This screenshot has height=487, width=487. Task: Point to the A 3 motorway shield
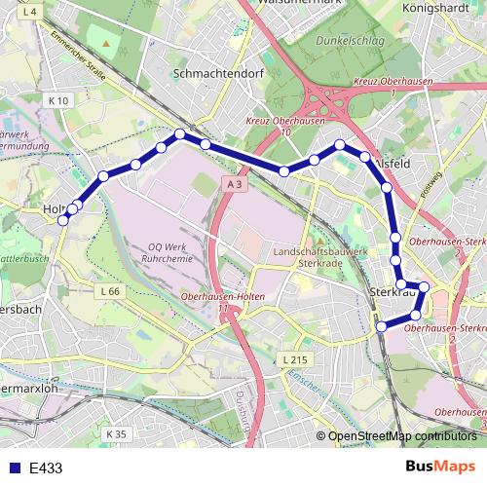click(x=234, y=184)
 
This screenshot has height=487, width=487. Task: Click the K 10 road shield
click(x=59, y=100)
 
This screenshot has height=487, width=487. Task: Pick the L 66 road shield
click(x=111, y=291)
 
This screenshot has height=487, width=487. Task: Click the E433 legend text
click(x=46, y=468)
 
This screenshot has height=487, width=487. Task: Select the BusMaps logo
click(x=439, y=467)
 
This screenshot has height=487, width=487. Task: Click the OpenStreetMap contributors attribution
click(x=402, y=436)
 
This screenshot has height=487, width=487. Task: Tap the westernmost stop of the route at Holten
click(x=63, y=220)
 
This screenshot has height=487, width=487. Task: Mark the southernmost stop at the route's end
click(x=382, y=325)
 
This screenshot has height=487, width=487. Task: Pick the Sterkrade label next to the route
click(x=388, y=291)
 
